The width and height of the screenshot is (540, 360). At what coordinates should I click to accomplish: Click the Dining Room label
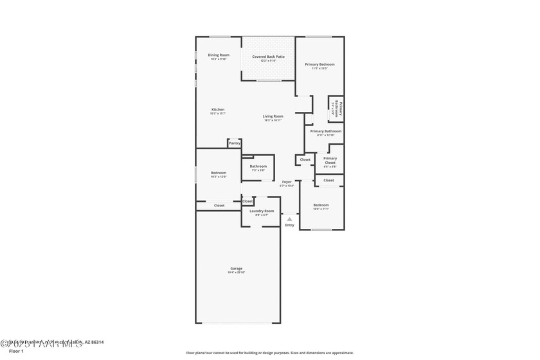pyautogui.click(x=219, y=55)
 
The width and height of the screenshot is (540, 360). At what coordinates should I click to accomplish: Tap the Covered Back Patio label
pyautogui.click(x=268, y=57)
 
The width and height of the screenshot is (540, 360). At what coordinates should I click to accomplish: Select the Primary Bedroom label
pyautogui.click(x=319, y=64)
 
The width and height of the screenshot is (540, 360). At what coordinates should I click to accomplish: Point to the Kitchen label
pyautogui.click(x=218, y=109)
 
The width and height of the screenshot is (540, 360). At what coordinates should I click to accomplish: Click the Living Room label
pyautogui.click(x=273, y=116)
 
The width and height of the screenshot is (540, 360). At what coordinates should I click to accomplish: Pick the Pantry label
pyautogui.click(x=235, y=143)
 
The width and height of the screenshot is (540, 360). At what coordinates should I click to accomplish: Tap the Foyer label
pyautogui.click(x=287, y=182)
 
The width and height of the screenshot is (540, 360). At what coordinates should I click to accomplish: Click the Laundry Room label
pyautogui.click(x=262, y=211)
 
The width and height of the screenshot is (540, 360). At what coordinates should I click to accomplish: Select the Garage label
pyautogui.click(x=237, y=268)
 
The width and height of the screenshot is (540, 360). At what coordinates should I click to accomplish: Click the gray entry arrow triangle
pyautogui.click(x=289, y=219)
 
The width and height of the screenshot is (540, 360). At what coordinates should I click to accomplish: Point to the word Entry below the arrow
pyautogui.click(x=289, y=225)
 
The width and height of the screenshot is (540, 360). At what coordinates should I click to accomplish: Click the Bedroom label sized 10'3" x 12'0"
pyautogui.click(x=219, y=172)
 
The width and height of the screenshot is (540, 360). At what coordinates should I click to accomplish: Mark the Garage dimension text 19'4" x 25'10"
pyautogui.click(x=237, y=273)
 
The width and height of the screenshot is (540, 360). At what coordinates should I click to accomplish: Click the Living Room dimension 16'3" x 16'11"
pyautogui.click(x=273, y=120)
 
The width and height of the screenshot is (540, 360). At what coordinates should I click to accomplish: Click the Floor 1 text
pyautogui.click(x=16, y=351)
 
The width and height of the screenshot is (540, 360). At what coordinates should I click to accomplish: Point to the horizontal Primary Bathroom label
pyautogui.click(x=325, y=131)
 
